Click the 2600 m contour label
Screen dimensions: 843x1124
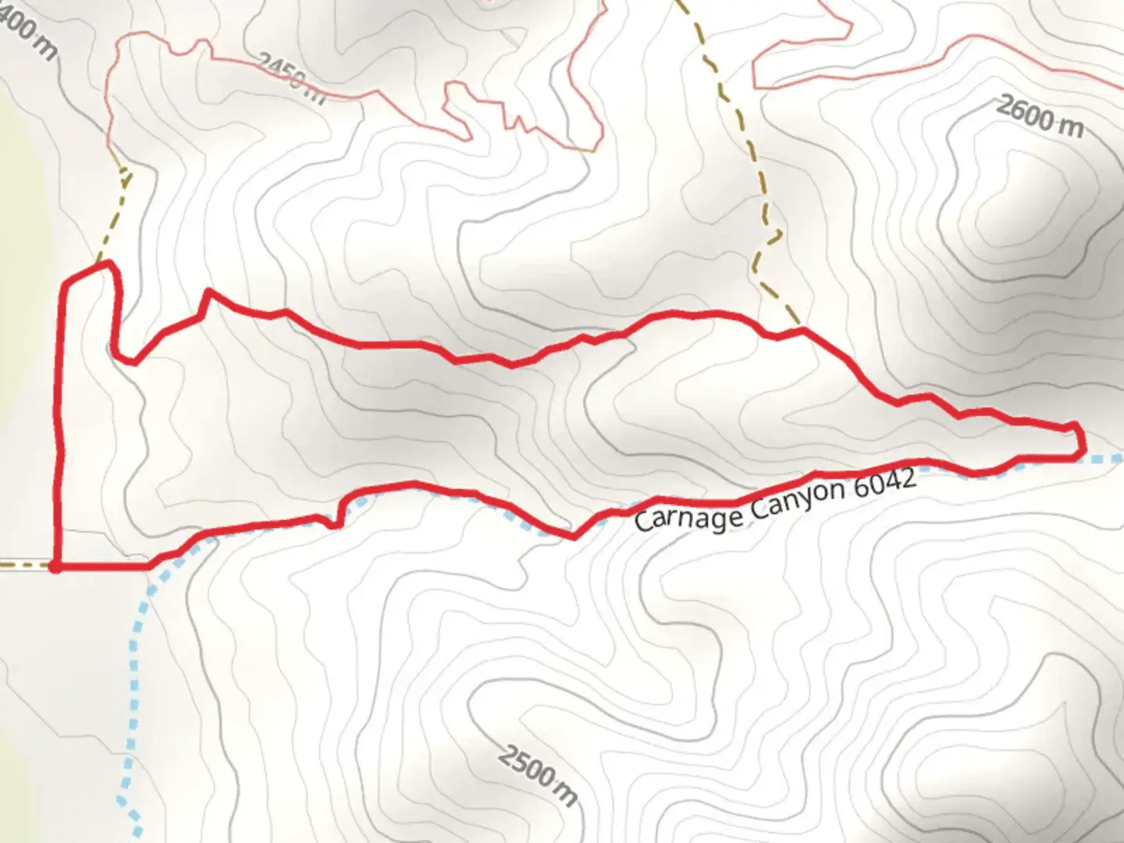coord(1039,117)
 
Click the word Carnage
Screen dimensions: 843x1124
coord(687,515)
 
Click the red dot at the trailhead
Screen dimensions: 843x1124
coord(55,567)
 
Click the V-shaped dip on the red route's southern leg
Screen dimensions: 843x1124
coord(574,537)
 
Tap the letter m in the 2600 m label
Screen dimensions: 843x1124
coord(1070,126)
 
